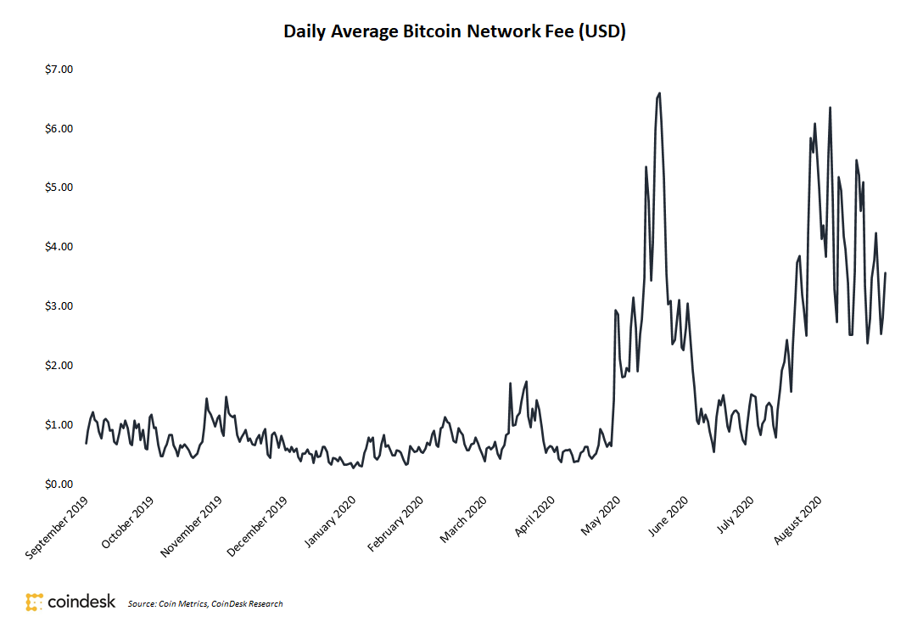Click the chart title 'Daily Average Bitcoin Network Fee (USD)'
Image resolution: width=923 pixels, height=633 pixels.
(454, 32)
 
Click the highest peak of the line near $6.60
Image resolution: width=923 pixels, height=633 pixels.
(659, 93)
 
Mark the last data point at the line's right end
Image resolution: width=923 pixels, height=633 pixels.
(886, 273)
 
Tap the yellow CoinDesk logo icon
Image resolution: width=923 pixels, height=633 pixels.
(35, 602)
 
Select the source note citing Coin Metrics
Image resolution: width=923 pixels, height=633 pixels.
(205, 604)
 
